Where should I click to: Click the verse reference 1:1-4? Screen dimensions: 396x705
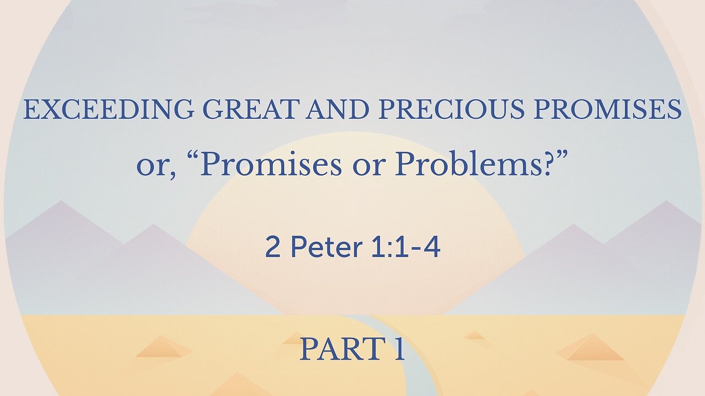click(x=405, y=248)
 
